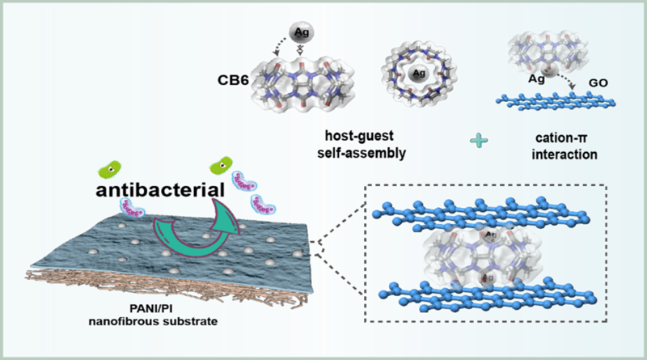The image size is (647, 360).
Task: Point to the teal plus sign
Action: pos(481,141)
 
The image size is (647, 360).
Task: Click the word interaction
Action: pos(556,153)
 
